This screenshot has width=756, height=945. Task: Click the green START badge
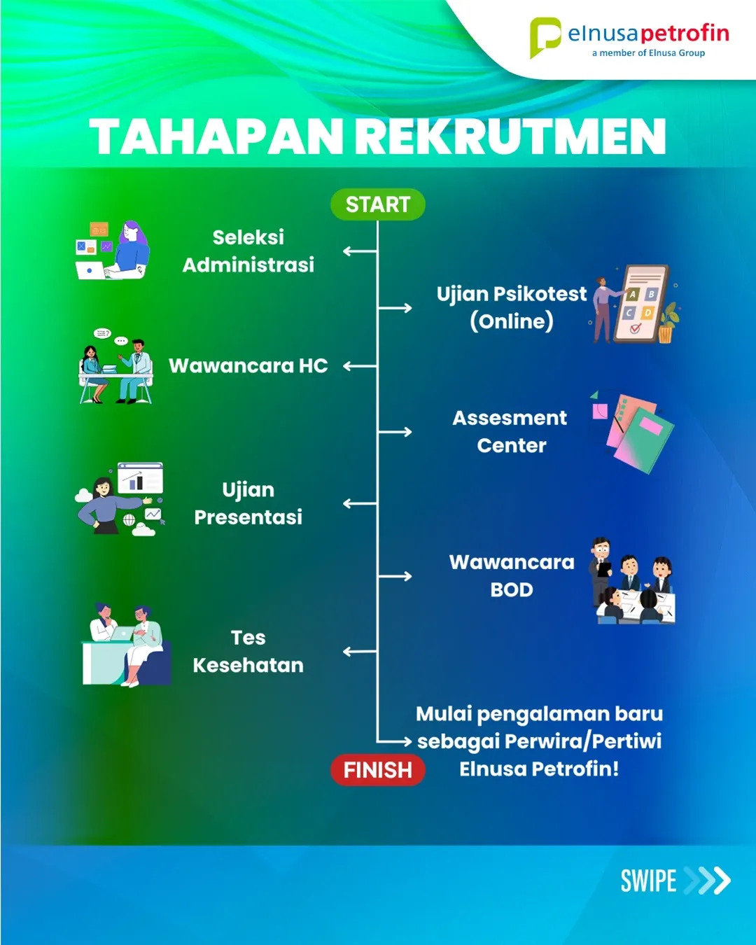click(x=378, y=204)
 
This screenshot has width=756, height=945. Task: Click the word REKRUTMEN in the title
click(x=510, y=136)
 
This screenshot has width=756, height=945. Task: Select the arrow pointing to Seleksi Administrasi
click(x=360, y=251)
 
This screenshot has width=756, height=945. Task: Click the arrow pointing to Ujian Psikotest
click(x=395, y=308)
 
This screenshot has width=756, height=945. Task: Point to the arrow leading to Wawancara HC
click(x=360, y=366)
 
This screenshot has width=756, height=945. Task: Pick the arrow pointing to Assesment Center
click(x=395, y=432)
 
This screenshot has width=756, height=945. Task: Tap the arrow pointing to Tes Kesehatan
click(x=360, y=652)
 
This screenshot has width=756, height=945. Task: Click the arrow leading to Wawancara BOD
click(x=395, y=576)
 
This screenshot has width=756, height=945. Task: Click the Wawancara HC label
click(x=248, y=366)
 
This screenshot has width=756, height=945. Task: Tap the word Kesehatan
click(x=248, y=665)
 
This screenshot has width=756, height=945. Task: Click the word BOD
click(x=512, y=589)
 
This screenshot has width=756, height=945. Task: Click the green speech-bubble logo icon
click(x=545, y=37)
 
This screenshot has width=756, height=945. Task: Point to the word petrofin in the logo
click(x=685, y=34)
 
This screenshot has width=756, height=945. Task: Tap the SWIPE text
click(x=648, y=881)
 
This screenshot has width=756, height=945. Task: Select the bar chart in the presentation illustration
click(x=134, y=480)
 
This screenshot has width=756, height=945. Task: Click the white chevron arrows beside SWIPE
click(x=707, y=881)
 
